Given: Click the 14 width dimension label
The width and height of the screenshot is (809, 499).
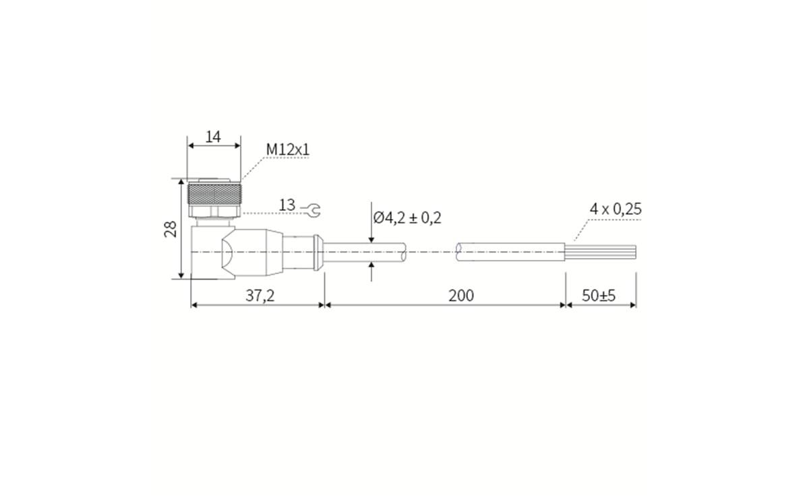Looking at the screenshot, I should (x=213, y=137).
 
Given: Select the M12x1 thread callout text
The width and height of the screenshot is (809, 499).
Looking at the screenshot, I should (x=288, y=149).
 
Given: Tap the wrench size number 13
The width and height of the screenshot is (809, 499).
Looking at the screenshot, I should (x=287, y=205).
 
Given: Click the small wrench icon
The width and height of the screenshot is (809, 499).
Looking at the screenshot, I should (x=311, y=211).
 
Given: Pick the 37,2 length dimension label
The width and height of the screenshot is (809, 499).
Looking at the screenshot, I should (x=260, y=296).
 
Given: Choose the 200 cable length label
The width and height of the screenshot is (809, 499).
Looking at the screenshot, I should (x=461, y=296).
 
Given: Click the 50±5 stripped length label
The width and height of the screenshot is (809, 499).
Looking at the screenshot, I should (x=599, y=296).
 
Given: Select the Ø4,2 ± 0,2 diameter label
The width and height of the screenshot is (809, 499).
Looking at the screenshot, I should (x=407, y=218).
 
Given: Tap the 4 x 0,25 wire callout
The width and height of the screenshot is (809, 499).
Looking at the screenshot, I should (x=616, y=209).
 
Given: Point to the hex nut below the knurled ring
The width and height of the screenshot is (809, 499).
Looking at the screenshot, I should (x=214, y=212).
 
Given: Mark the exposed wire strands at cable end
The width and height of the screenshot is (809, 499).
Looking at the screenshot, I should (x=600, y=252).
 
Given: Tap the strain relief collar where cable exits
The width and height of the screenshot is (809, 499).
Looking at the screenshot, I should (x=317, y=252).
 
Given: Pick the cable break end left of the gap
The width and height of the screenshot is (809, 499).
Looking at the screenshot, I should (x=402, y=253).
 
